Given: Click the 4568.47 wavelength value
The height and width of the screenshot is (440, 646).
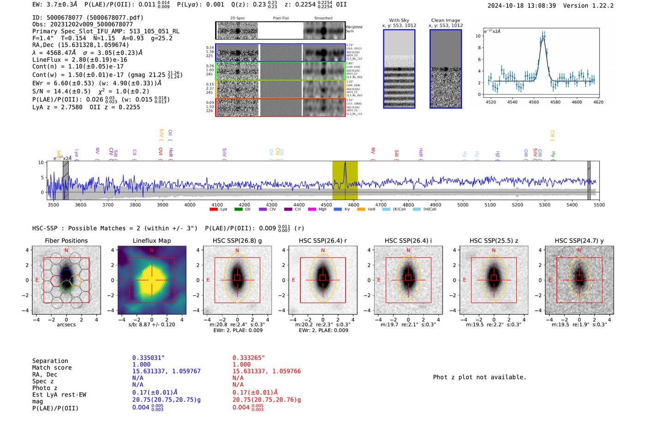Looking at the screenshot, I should point(60,53).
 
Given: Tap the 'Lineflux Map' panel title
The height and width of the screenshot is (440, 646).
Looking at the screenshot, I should point(151,241).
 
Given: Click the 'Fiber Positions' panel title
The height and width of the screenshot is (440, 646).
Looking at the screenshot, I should point(66,241).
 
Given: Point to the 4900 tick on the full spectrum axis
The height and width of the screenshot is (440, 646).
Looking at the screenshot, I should point(435,205).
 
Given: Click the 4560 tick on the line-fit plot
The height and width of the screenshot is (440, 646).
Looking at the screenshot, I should point(534,102).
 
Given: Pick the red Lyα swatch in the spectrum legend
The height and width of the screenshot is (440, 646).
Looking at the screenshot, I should point(214,209).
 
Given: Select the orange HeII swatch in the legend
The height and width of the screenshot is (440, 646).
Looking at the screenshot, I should point(361,209).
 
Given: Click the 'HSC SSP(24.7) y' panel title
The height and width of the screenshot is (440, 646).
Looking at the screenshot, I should point(579,241).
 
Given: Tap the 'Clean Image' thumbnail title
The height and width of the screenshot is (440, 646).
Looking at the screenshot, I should point(445,20).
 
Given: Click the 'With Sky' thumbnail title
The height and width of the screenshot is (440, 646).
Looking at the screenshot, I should point(399,20).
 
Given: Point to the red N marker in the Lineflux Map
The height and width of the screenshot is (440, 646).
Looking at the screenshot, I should point(152,251).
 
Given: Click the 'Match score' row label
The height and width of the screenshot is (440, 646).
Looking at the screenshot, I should point(52,368).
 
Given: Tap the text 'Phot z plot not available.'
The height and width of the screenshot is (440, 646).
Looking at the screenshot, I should point(479,377).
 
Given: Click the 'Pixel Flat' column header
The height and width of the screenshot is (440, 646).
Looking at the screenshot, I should point(281,18).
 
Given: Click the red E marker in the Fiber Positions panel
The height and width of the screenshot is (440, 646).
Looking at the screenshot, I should point(37,280).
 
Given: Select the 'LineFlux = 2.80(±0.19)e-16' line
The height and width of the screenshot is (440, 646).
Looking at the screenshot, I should point(79,60).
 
